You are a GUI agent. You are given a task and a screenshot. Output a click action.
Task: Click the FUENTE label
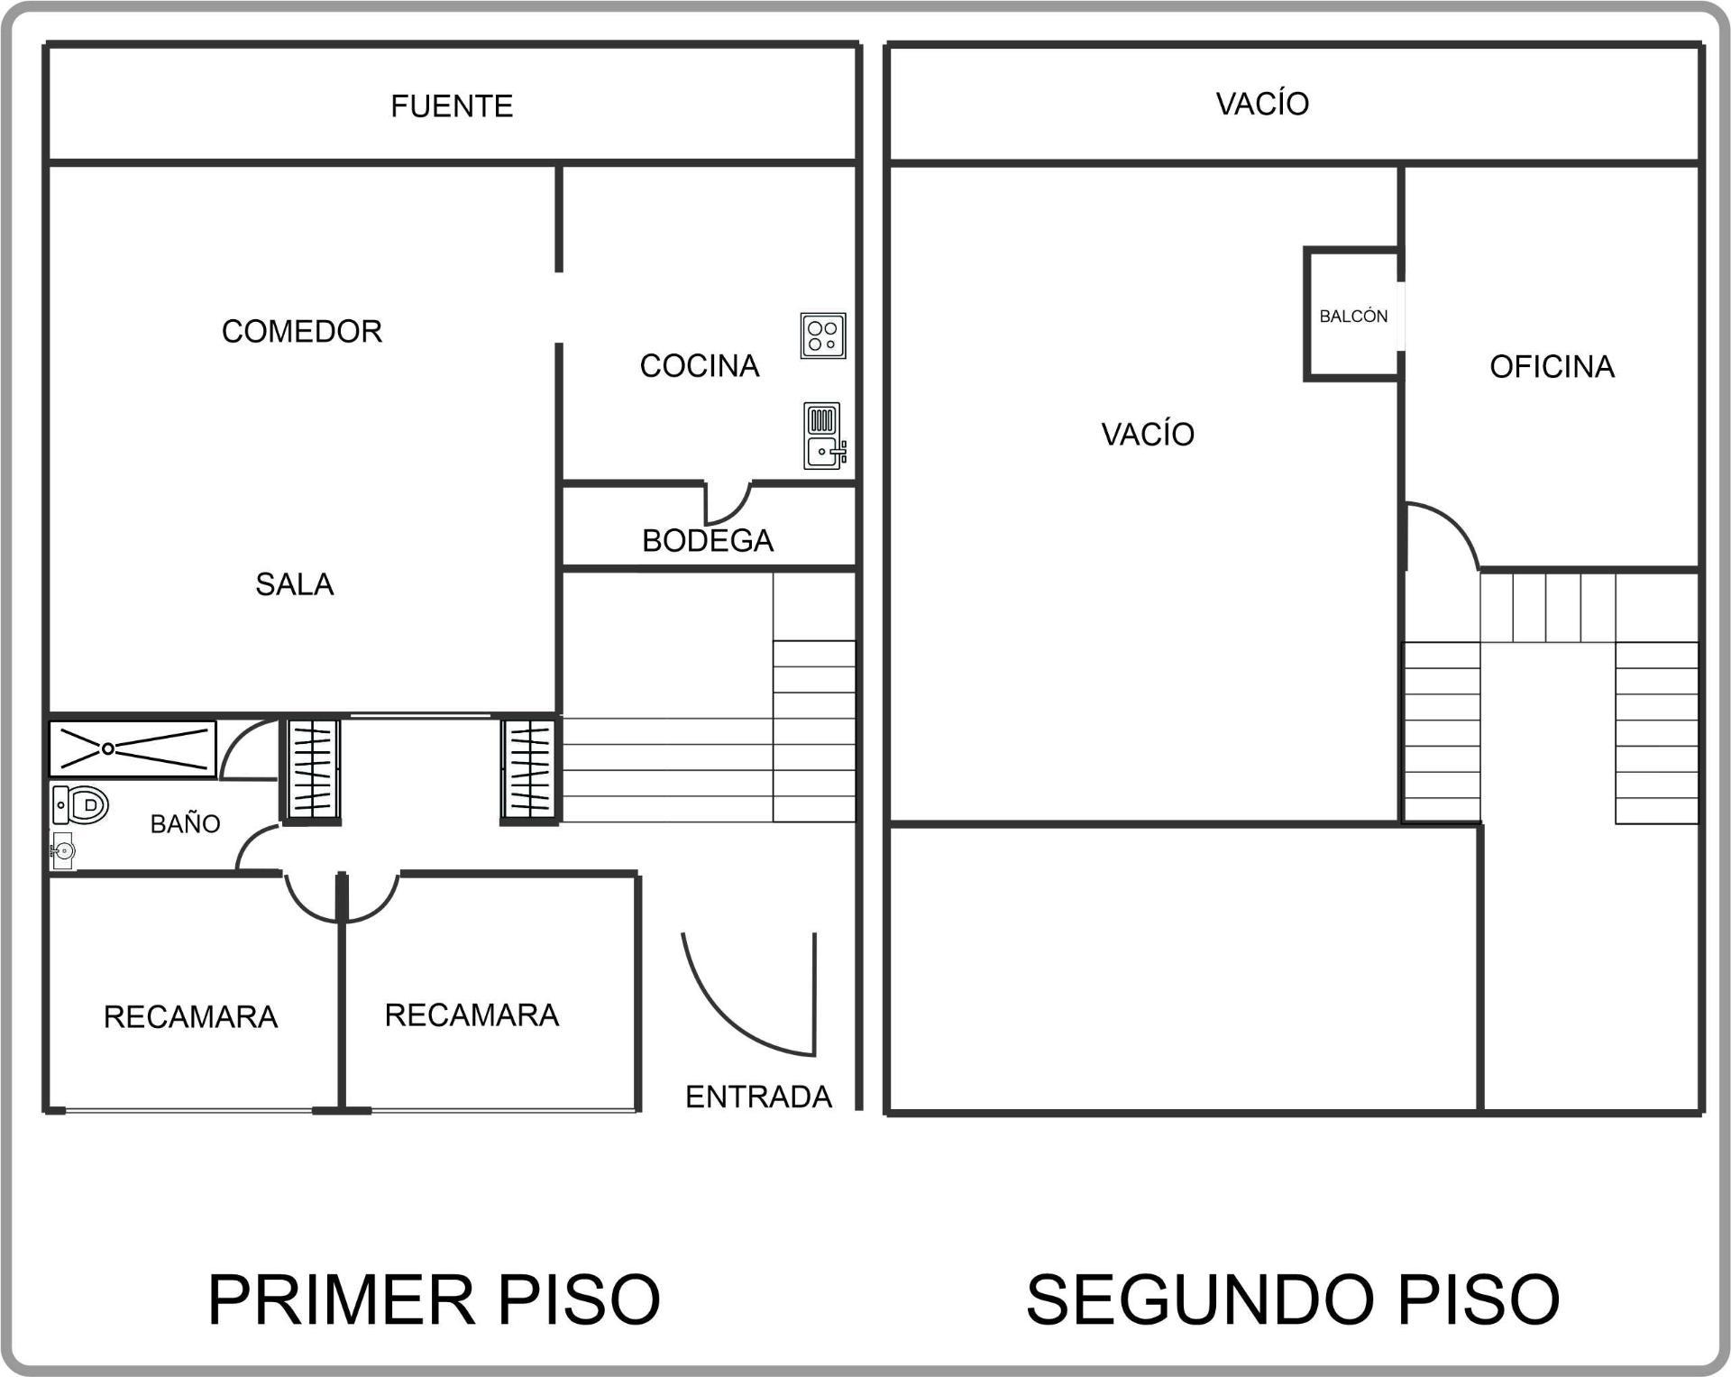(452, 106)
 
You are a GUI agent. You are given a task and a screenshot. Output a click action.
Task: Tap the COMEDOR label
(302, 331)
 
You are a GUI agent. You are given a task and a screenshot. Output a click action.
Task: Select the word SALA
(295, 584)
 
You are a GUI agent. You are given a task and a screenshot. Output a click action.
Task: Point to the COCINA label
(700, 365)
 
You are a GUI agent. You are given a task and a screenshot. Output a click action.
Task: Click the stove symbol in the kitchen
(823, 336)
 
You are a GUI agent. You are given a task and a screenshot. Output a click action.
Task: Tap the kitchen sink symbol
(824, 436)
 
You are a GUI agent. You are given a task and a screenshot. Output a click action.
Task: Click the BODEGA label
(708, 540)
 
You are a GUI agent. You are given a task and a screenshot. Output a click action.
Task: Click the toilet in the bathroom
(81, 804)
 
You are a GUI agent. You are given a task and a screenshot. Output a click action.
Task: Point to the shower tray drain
(108, 748)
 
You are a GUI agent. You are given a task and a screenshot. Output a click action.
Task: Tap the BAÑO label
(185, 823)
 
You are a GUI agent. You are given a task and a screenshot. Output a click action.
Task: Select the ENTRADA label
(758, 1097)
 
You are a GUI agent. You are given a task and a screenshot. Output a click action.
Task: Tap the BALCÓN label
(1353, 316)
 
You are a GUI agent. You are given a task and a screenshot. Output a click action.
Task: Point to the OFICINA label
(1552, 366)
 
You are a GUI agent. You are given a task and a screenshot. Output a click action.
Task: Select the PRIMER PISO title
(435, 1299)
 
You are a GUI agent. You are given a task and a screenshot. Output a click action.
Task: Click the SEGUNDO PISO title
(1293, 1299)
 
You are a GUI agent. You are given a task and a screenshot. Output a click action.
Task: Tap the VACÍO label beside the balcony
(1148, 434)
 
